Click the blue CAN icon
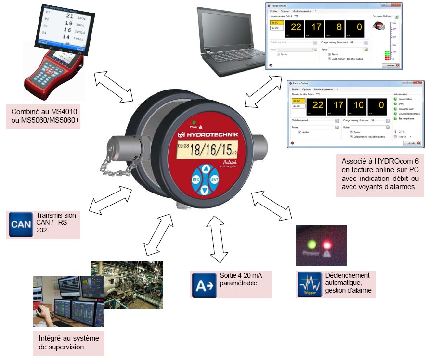tap(21, 224)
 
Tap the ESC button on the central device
tap(196, 180)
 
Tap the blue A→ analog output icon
tap(203, 284)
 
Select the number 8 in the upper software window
tap(340, 26)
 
